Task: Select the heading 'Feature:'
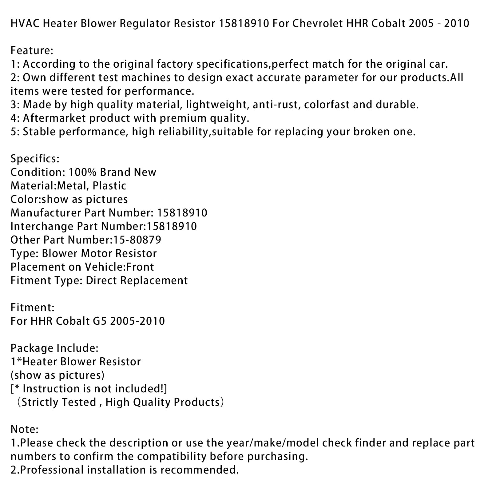point(32,50)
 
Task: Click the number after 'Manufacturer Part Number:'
point(182,213)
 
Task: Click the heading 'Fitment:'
point(33,307)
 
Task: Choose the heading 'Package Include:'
point(54,348)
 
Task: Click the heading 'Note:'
point(24,429)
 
